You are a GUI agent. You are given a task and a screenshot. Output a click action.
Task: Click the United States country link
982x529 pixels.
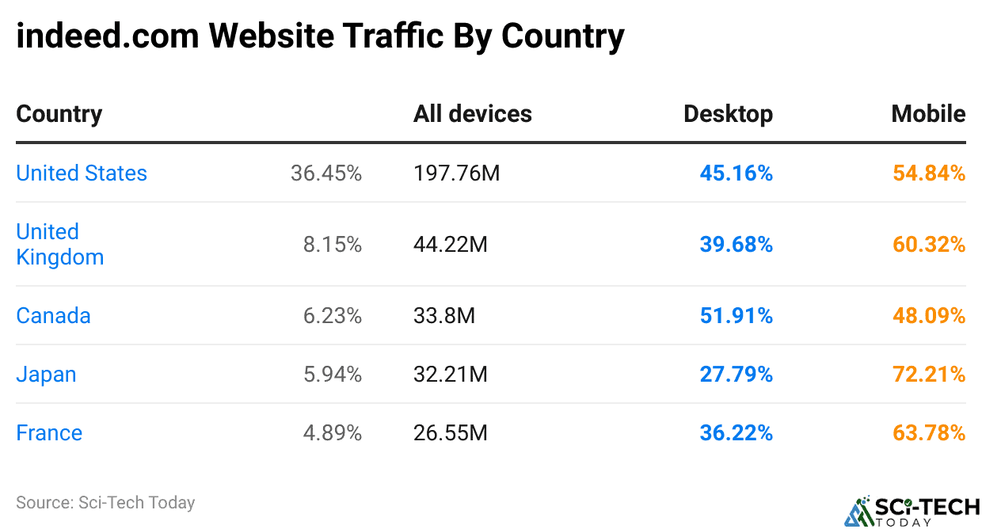82,173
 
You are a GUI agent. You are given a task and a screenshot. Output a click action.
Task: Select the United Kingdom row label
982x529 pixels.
59,244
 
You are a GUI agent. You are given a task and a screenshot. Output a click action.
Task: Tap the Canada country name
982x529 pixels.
53,315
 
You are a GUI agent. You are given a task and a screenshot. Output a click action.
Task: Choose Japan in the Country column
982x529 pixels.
46,374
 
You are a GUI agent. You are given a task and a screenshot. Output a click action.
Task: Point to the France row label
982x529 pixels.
49,432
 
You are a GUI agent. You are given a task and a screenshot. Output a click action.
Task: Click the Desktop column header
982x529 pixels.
728,113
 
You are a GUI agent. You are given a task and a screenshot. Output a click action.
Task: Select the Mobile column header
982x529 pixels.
928,113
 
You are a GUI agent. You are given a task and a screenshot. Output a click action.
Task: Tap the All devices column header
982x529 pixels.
472,113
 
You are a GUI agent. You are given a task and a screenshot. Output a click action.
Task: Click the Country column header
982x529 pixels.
59,113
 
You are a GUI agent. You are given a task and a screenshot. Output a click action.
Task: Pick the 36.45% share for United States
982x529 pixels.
325,173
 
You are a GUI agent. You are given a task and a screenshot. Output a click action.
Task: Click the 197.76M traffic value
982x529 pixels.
456,173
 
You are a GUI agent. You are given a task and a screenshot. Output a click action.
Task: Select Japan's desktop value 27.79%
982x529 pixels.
736,374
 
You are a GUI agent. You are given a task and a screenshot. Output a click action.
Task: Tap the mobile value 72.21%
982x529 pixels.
929,374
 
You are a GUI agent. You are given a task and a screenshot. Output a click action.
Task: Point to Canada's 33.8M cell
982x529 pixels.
443,315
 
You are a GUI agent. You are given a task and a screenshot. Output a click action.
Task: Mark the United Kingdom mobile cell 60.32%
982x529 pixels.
929,244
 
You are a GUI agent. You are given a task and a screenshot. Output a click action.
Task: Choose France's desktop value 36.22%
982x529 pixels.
736,432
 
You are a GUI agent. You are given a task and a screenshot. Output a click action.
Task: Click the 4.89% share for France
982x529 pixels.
332,432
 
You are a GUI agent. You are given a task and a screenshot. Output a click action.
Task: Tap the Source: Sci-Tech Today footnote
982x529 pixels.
105,502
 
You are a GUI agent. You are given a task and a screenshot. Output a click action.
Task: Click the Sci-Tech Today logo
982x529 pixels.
912,510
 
